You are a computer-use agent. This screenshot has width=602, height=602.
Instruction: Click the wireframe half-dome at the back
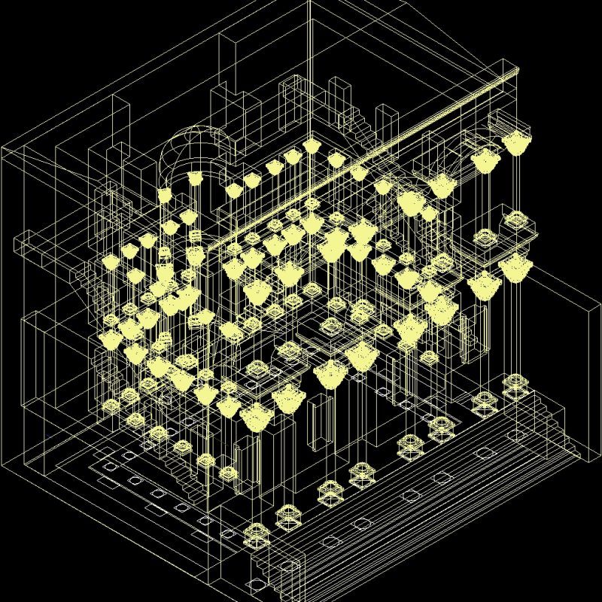click(x=194, y=150)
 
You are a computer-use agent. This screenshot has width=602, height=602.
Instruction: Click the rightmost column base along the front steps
click(x=515, y=388)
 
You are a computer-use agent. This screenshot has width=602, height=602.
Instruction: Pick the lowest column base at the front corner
click(x=256, y=536)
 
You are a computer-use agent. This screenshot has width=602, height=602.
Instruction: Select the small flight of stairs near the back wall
click(x=361, y=125)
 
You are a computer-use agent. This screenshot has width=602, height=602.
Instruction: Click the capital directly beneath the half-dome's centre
click(x=194, y=179)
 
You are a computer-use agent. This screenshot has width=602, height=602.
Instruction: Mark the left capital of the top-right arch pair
click(x=484, y=160)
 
